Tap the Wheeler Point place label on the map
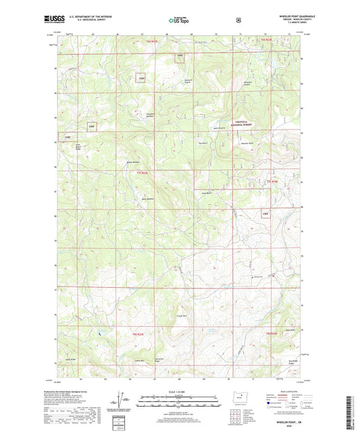tap(248, 143)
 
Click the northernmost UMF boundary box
tap(180, 56)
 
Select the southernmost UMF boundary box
tap(265, 214)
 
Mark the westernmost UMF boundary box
tap(68, 138)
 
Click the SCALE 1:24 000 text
tap(180, 392)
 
